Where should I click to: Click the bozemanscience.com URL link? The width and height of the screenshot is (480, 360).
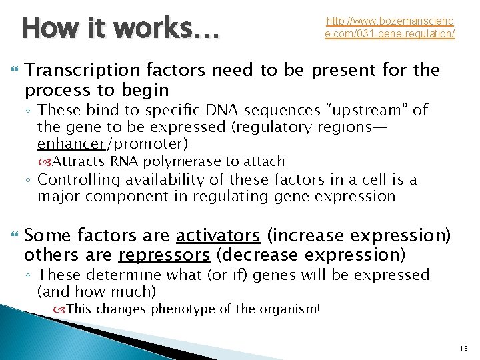tap(390, 27)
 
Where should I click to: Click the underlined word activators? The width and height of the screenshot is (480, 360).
tap(217, 236)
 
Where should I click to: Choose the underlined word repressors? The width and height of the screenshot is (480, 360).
tap(165, 255)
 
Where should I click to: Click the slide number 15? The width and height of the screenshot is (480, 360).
tap(463, 349)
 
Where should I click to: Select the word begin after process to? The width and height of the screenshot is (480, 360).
tap(146, 89)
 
